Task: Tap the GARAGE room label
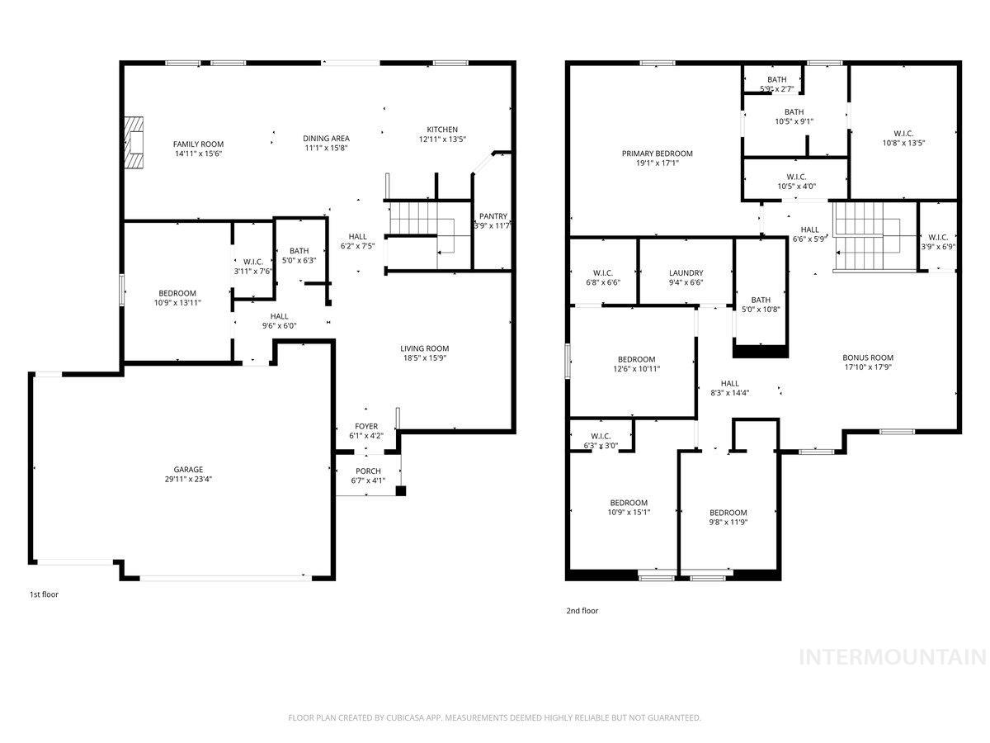[188, 470]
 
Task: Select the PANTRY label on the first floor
[493, 216]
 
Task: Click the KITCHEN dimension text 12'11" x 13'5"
[442, 140]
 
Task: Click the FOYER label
[366, 426]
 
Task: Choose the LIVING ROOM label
[425, 348]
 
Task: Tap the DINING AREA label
[327, 139]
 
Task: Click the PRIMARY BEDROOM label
[657, 154]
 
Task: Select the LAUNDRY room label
[686, 273]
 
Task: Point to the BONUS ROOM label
[868, 357]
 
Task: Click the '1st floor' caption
[45, 594]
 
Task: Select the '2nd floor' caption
[582, 611]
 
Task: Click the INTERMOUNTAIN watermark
[893, 657]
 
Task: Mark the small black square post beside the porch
[401, 491]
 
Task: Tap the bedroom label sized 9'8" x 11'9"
[728, 512]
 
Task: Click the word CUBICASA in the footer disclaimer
[405, 718]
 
